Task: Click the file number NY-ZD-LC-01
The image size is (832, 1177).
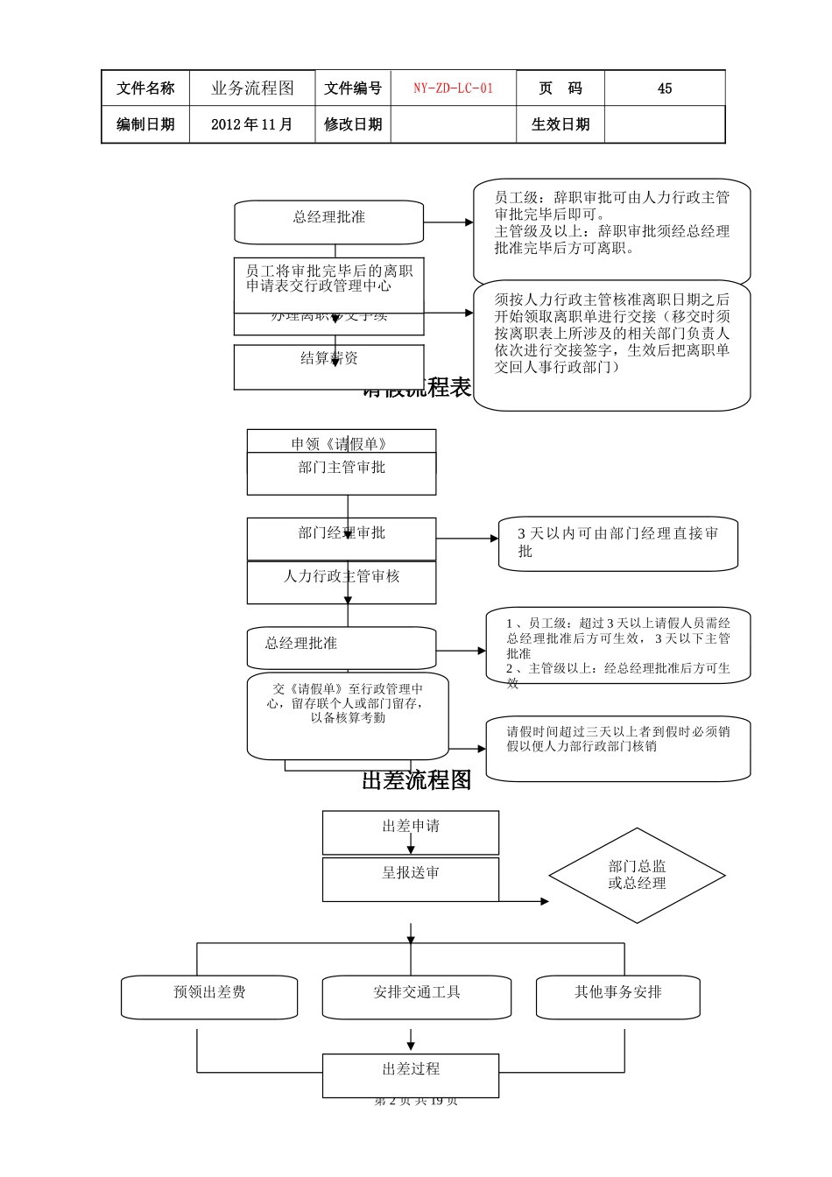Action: [453, 88]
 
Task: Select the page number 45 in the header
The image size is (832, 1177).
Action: [664, 88]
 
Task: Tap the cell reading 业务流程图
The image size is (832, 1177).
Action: [252, 88]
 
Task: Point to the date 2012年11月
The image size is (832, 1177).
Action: [252, 124]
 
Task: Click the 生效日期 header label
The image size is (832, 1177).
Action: [561, 124]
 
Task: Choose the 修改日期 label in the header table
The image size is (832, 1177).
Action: [353, 124]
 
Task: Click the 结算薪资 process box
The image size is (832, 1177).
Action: [329, 367]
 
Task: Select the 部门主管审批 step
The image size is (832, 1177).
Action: [342, 474]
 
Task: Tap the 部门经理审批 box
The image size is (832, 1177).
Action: [342, 538]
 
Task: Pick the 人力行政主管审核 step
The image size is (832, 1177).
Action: [342, 582]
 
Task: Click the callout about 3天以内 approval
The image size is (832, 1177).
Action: [617, 543]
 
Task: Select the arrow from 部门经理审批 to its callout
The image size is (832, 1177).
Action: [467, 539]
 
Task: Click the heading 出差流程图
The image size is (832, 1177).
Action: [417, 780]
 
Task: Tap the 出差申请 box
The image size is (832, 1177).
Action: [411, 832]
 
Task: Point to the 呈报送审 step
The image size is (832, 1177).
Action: [411, 879]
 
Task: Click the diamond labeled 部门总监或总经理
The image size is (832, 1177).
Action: [637, 875]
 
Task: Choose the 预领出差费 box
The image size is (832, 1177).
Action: [209, 997]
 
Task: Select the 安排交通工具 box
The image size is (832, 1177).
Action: [417, 997]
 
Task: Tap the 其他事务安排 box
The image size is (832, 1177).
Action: [618, 997]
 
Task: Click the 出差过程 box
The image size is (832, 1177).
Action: [411, 1075]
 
